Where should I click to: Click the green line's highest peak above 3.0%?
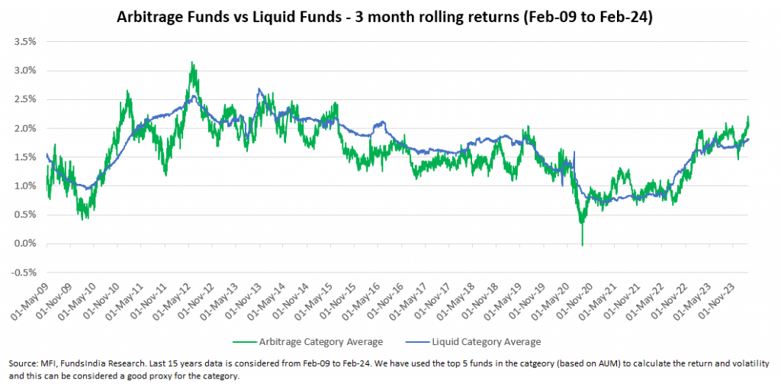[x=191, y=63]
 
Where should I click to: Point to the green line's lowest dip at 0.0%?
[x=582, y=244]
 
